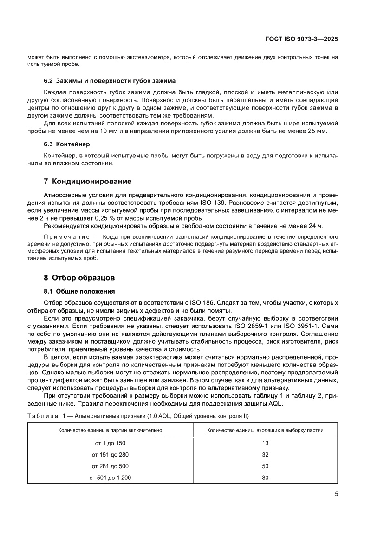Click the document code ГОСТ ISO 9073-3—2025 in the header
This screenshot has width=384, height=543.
pyautogui.click(x=305, y=39)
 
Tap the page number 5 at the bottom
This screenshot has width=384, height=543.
pyautogui.click(x=336, y=494)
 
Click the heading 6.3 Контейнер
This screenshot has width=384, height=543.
pyautogui.click(x=69, y=144)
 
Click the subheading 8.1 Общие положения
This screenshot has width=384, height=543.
pyautogui.click(x=79, y=291)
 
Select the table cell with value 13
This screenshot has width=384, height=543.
pyautogui.click(x=266, y=443)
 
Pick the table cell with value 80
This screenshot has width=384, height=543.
pyautogui.click(x=266, y=477)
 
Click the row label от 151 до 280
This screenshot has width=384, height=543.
pyautogui.click(x=110, y=454)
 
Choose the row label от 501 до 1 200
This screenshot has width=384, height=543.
pyautogui.click(x=110, y=477)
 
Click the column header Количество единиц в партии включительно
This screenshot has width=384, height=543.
pyautogui.click(x=110, y=430)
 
